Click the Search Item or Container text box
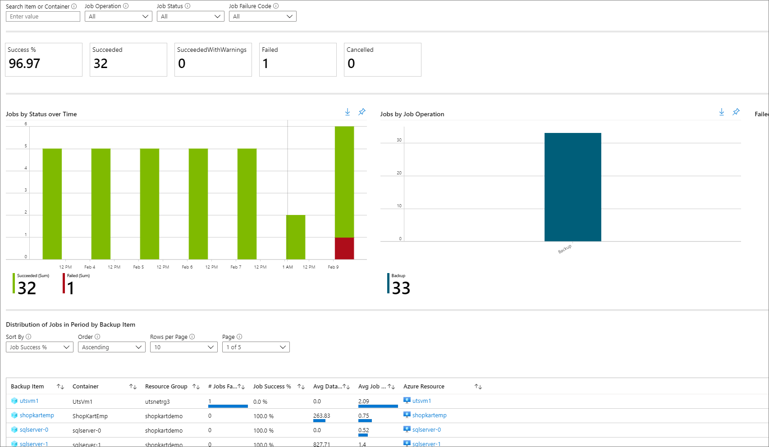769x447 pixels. tap(43, 17)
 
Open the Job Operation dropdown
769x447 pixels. tap(118, 17)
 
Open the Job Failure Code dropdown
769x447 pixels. tap(262, 17)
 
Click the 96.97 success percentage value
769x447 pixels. tap(24, 64)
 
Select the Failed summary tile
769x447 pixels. tap(298, 59)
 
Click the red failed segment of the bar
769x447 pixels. tap(344, 248)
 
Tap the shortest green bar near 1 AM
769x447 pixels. tap(295, 237)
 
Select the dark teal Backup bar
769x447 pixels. tap(572, 187)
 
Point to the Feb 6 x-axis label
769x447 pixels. tap(187, 267)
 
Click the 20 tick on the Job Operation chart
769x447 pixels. tap(399, 173)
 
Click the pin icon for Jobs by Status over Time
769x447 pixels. tap(362, 112)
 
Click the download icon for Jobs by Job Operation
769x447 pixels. tap(721, 112)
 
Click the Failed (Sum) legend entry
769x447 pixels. tap(77, 283)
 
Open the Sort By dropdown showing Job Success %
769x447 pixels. tap(40, 347)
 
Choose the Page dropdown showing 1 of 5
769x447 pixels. tap(256, 347)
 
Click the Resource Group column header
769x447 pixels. tap(166, 387)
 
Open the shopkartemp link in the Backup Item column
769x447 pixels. tap(37, 415)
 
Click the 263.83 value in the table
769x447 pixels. tap(321, 416)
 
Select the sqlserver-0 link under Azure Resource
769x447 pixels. tap(426, 430)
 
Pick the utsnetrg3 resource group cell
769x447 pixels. tap(157, 401)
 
